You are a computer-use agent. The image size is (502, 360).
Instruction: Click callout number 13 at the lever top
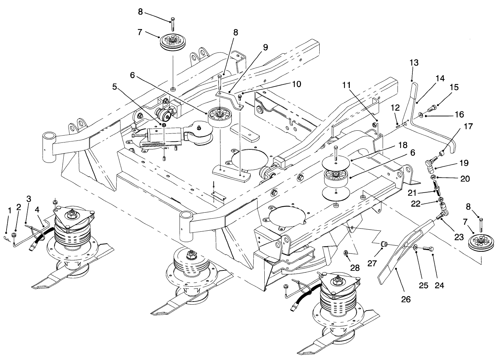click(x=414, y=63)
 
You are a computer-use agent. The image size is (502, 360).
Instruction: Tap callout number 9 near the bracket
click(x=265, y=48)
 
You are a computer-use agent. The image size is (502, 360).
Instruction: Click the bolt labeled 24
click(x=428, y=248)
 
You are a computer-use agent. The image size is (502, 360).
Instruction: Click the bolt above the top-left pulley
click(x=172, y=24)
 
